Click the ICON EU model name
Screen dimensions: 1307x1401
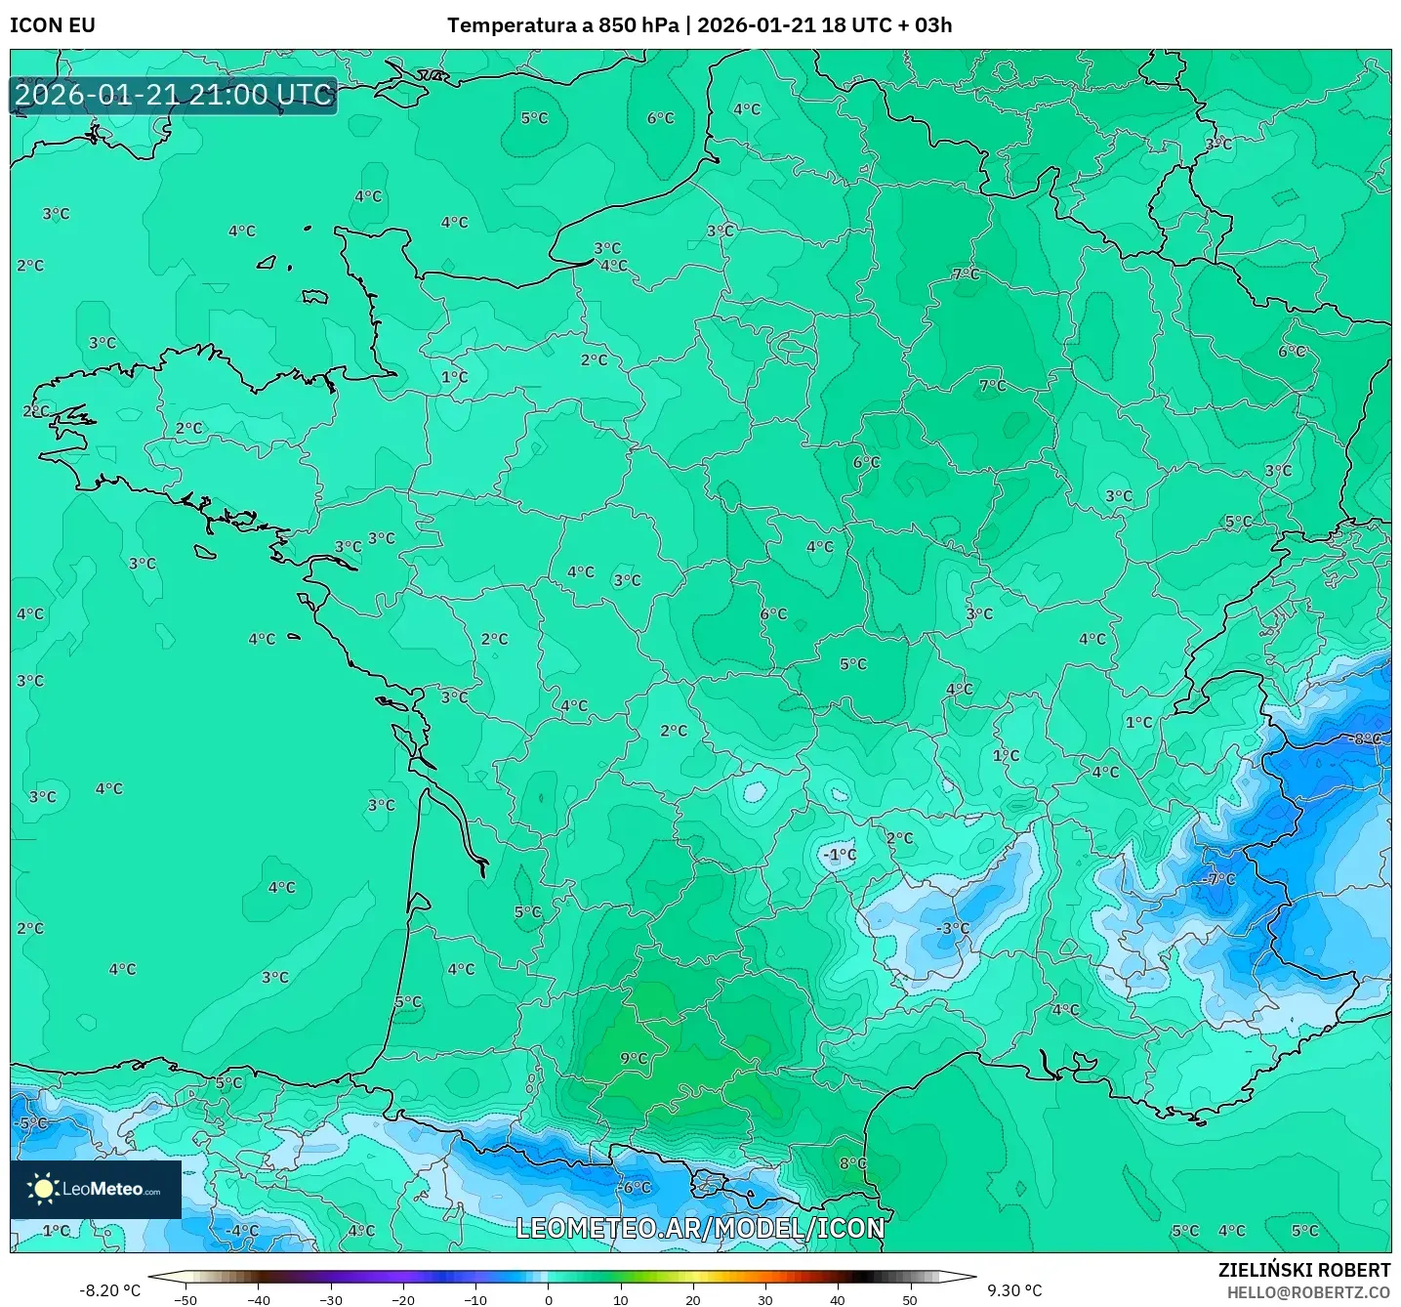click(53, 25)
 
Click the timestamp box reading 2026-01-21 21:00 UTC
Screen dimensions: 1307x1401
click(174, 95)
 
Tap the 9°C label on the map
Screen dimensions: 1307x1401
click(634, 1058)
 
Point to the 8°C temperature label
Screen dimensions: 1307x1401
click(852, 1163)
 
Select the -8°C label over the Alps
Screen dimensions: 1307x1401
click(1365, 739)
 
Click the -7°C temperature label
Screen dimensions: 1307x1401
click(1219, 879)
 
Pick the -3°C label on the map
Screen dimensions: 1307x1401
click(952, 928)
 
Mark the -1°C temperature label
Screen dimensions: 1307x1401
click(839, 855)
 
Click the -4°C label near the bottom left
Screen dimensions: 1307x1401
click(242, 1231)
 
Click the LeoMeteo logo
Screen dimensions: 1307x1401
click(96, 1189)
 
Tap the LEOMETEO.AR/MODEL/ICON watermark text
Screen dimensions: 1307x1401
click(700, 1228)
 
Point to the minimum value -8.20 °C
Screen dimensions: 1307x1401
click(109, 1290)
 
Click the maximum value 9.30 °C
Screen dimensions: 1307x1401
click(1014, 1290)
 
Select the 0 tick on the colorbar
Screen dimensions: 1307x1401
click(549, 1299)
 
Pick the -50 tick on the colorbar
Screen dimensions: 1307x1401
click(185, 1299)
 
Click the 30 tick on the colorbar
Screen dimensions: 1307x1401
click(765, 1299)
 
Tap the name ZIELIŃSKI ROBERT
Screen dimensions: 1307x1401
click(1303, 1270)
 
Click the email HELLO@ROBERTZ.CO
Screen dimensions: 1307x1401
click(1308, 1292)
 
